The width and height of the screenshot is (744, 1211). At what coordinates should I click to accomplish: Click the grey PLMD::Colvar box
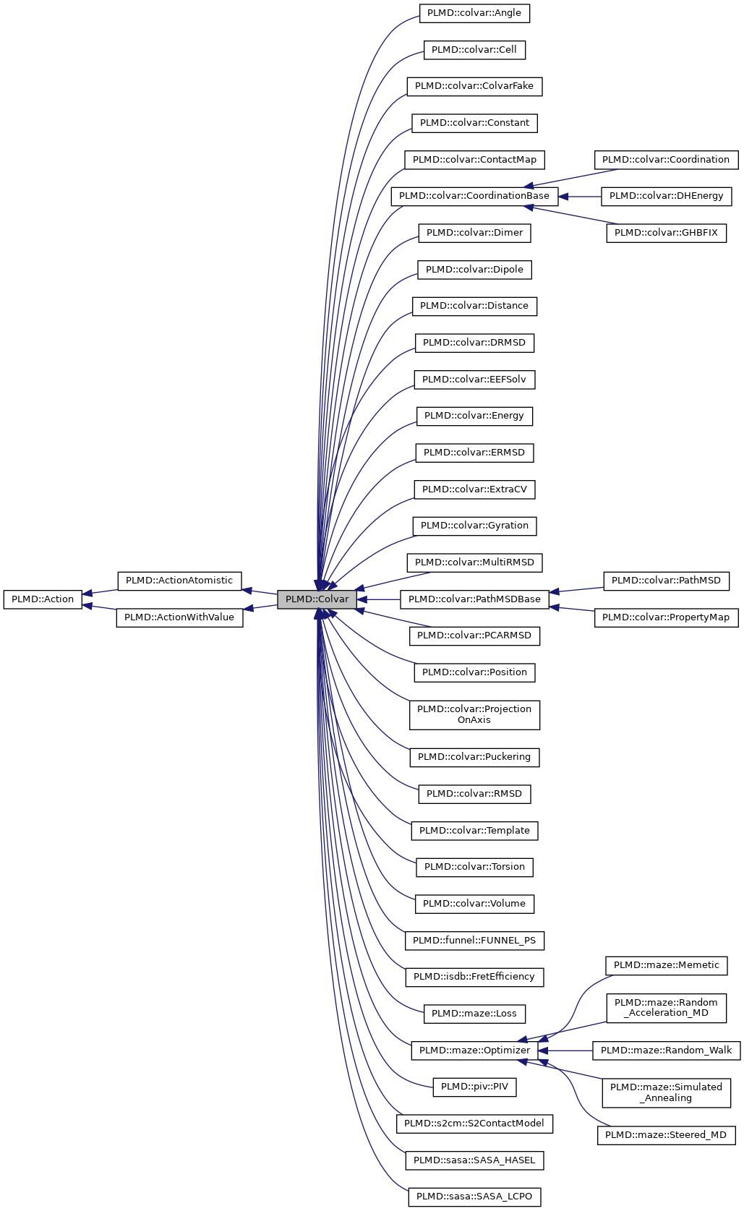(x=317, y=599)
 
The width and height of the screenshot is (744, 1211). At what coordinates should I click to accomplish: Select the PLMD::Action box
(x=43, y=599)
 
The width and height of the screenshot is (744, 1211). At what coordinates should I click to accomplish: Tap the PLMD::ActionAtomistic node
(x=179, y=581)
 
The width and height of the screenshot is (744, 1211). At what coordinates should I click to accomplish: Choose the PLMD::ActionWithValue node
(x=179, y=617)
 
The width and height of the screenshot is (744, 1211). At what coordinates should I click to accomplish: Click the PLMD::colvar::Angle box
(x=474, y=13)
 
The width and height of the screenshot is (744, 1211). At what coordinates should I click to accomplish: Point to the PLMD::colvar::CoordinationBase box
(x=474, y=196)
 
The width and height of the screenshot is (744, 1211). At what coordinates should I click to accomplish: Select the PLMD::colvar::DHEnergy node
(x=666, y=196)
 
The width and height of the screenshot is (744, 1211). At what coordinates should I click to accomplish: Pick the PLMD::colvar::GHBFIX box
(x=666, y=233)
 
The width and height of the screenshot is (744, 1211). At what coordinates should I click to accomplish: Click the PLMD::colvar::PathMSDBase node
(x=474, y=599)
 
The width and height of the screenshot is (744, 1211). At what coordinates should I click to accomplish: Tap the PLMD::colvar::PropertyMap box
(x=666, y=617)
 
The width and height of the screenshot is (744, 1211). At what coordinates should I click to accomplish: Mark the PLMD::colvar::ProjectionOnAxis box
(x=474, y=714)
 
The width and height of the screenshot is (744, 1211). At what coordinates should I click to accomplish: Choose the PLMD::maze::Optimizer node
(x=474, y=1050)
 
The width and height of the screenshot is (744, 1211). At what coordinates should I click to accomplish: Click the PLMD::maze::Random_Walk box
(x=666, y=1050)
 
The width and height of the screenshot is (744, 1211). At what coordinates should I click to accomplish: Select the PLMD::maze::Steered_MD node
(x=666, y=1135)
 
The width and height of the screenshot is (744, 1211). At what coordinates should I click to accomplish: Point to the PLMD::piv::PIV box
(x=474, y=1087)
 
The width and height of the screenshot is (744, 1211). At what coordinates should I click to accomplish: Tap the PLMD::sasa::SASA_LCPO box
(x=474, y=1197)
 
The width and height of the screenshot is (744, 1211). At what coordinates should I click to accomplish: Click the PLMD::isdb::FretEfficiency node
(x=474, y=977)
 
